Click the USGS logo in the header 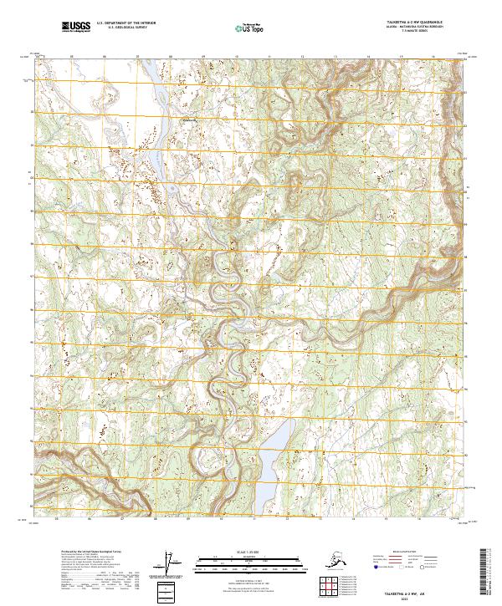tap(75, 28)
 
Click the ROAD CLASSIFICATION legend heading tap(419, 552)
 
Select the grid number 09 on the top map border tap(202, 58)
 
